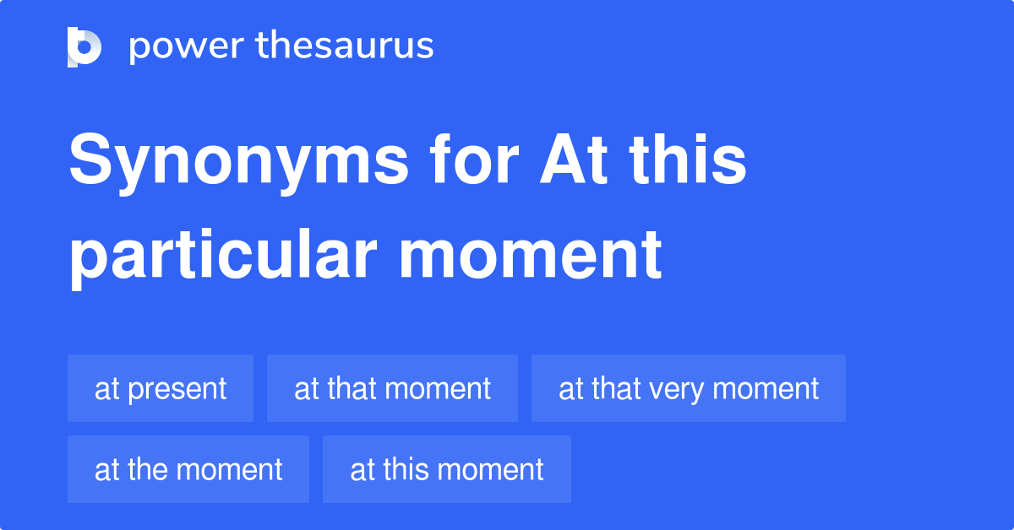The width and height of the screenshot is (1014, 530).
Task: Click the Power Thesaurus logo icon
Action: [x=84, y=46]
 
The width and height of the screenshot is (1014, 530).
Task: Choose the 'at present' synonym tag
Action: [x=161, y=388]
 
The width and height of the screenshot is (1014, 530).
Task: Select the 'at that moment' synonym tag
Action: [x=392, y=388]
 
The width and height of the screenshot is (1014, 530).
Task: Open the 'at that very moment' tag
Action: [x=688, y=388]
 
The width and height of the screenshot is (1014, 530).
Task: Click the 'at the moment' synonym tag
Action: [x=188, y=469]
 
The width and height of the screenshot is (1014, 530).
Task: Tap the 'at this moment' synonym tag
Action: [x=446, y=469]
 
